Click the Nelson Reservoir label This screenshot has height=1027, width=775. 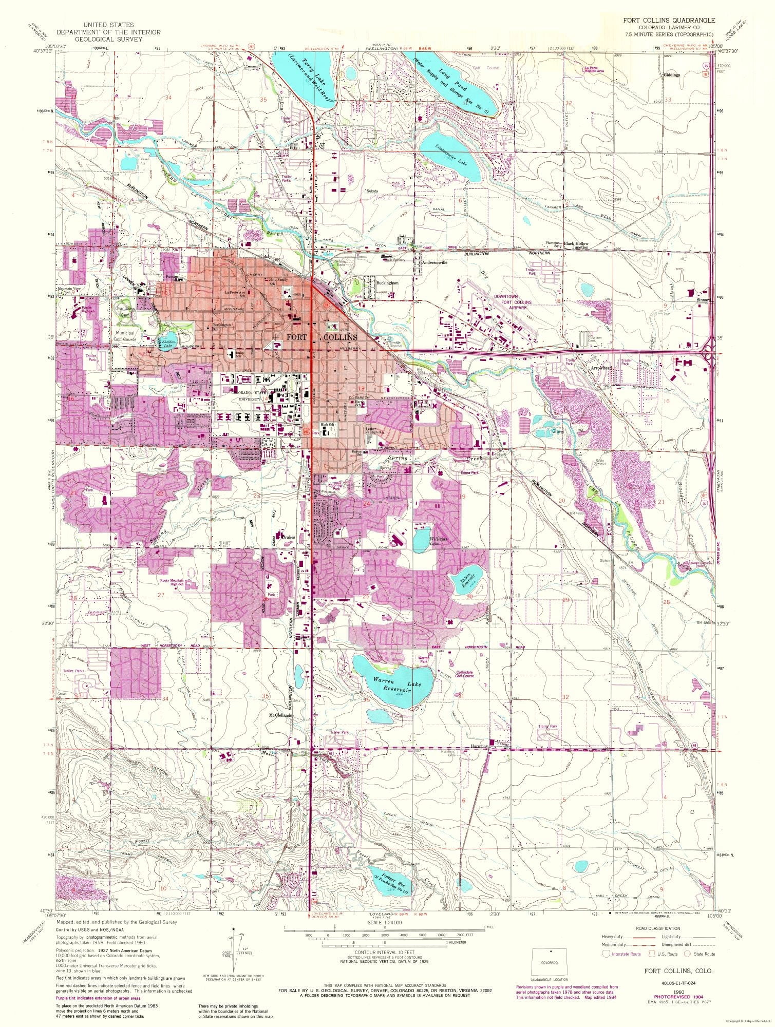pos(465,580)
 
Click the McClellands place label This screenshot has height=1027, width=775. pos(280,715)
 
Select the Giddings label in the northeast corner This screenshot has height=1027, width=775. pos(671,74)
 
